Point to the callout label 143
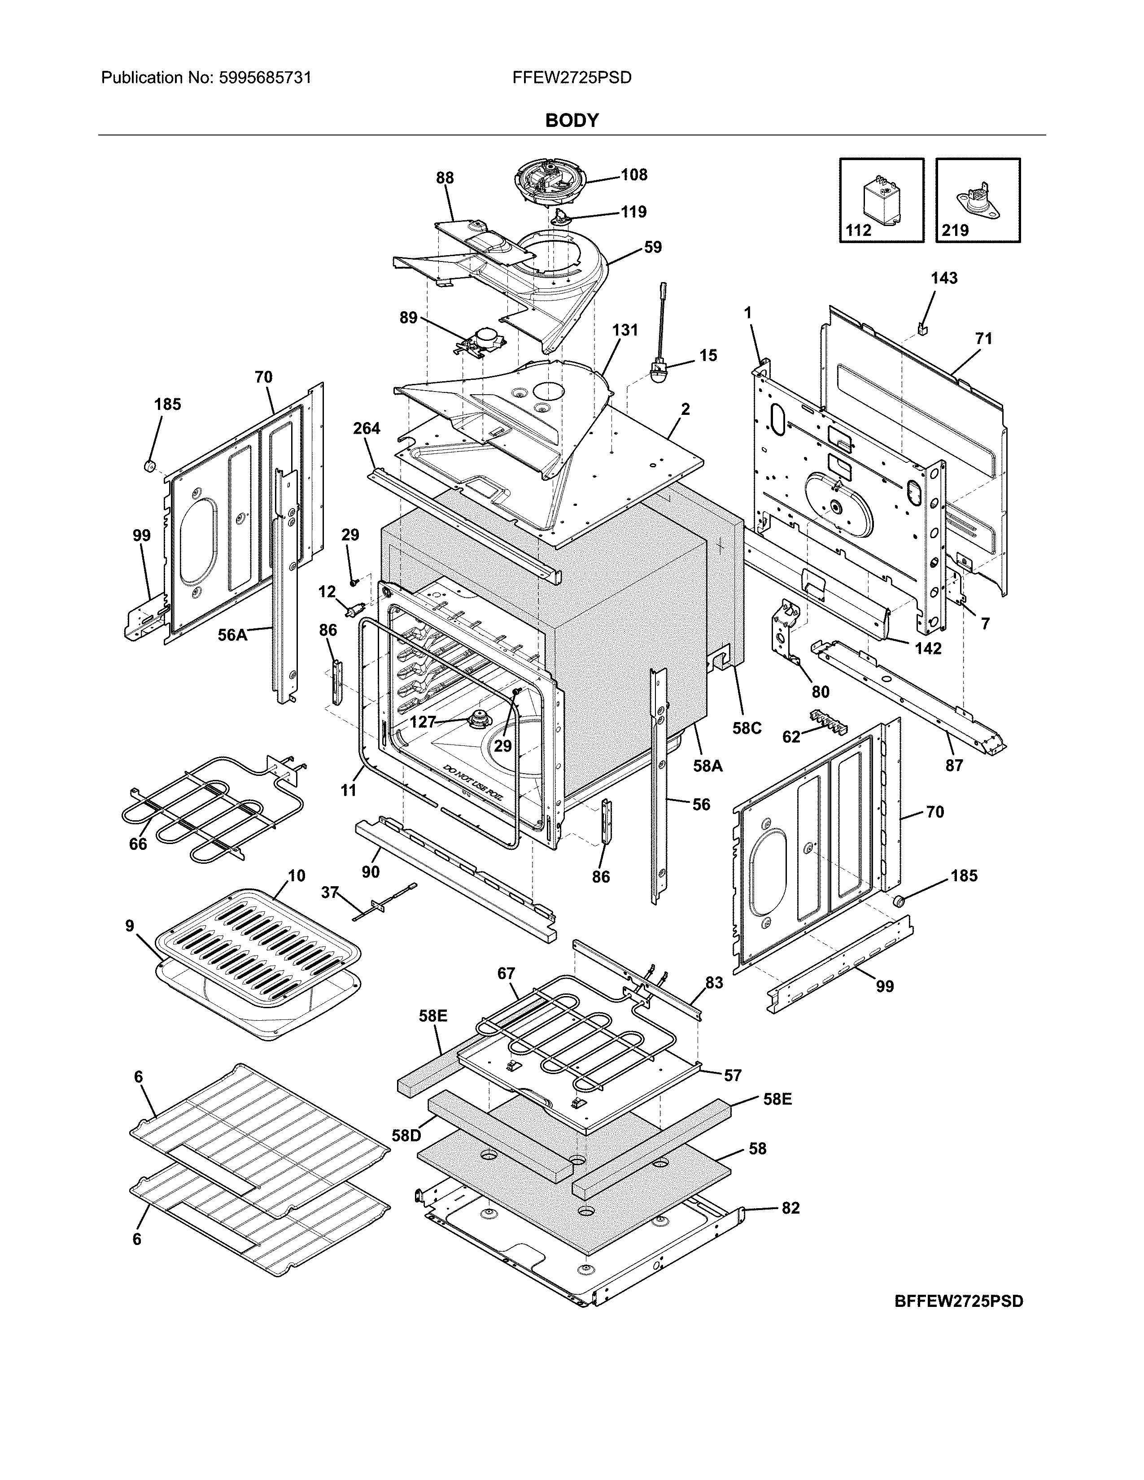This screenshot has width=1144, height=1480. (943, 278)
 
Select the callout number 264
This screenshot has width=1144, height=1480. (367, 428)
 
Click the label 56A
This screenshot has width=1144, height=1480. (232, 635)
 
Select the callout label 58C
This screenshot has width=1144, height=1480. (747, 728)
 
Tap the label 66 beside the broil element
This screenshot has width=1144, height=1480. (138, 844)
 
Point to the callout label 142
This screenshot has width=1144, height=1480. (928, 649)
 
